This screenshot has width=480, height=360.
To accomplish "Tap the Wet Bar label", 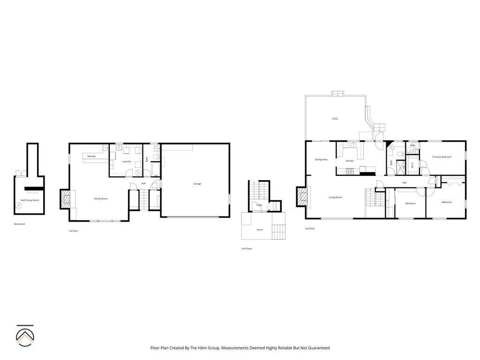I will [92, 156].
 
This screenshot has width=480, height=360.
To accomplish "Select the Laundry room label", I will [127, 162].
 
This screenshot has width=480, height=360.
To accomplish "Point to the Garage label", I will [197, 184].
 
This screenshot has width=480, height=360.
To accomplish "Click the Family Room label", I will [101, 199].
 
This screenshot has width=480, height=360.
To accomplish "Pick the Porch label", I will [260, 230].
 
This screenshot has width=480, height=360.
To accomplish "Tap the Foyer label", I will [259, 205].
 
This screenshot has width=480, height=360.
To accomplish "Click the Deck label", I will [335, 119].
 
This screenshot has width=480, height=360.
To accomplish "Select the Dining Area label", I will [321, 160].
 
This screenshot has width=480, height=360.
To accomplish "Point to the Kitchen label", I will [350, 161].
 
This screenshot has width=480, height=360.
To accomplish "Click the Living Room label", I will [335, 197].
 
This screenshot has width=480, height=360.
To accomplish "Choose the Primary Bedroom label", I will [442, 157].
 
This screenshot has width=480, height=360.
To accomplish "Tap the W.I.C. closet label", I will [412, 165].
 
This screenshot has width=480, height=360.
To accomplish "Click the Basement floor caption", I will [20, 224].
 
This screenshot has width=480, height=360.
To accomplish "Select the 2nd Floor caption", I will [247, 248].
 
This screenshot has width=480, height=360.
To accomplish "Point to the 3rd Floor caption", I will [310, 229].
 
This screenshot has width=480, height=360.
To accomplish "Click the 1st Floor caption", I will [73, 231].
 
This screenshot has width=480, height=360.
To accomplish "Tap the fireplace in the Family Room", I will [65, 199].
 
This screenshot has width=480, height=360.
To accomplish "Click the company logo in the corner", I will [26, 335].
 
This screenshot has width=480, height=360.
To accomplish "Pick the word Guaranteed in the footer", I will [319, 348].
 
